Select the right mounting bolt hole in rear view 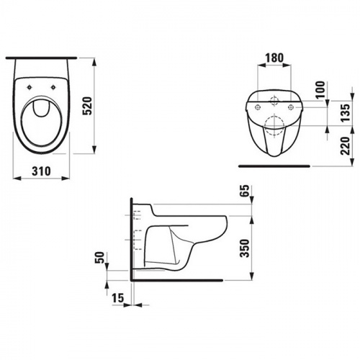(290, 107)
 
